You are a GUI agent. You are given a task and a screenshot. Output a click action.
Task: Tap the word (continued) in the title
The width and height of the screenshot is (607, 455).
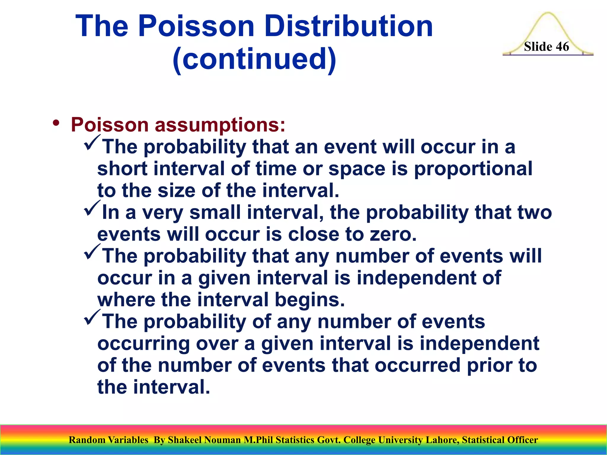254,59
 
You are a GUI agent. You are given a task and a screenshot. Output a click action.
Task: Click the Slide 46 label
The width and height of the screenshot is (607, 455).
546,47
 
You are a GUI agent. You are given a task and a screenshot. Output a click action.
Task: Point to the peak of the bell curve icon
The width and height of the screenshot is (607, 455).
548,14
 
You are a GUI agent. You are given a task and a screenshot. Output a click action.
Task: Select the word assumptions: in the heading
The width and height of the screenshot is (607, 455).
220,125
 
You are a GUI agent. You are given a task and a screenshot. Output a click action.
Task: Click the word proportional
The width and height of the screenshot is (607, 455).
473,169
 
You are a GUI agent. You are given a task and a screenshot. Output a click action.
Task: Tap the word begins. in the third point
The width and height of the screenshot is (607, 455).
310,300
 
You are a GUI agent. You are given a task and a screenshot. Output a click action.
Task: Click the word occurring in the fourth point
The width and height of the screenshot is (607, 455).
143,344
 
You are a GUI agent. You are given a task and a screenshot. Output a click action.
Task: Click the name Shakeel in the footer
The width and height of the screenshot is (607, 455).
184,440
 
